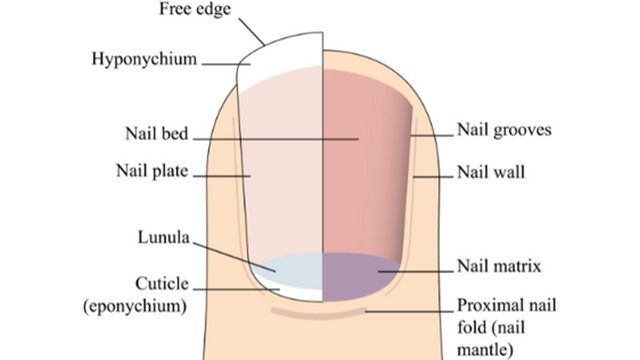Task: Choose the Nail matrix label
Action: point(499,266)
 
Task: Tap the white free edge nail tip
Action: point(285,55)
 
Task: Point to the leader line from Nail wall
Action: point(431,174)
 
